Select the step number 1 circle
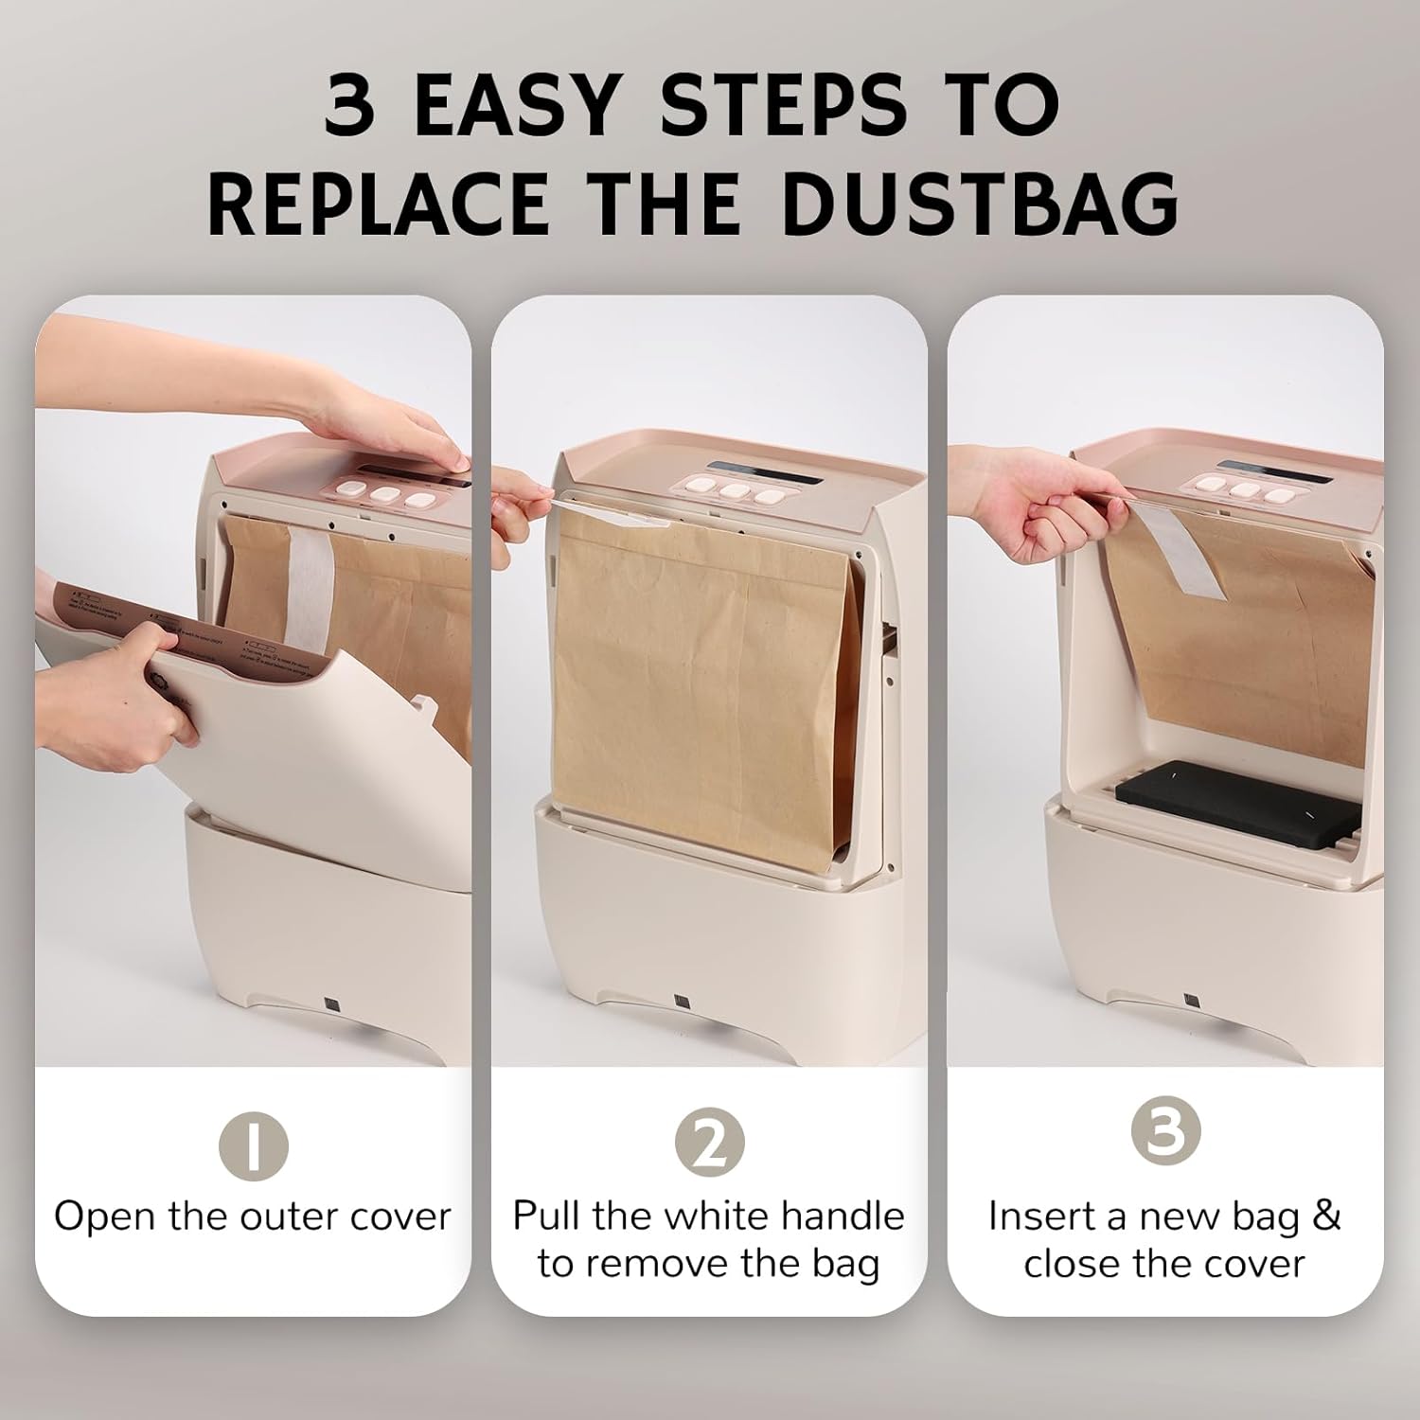coord(253,1144)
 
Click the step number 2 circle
coord(709,1144)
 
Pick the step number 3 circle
coord(1165,1131)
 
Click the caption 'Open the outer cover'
coord(253,1216)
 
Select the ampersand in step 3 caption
coord(1326,1216)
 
